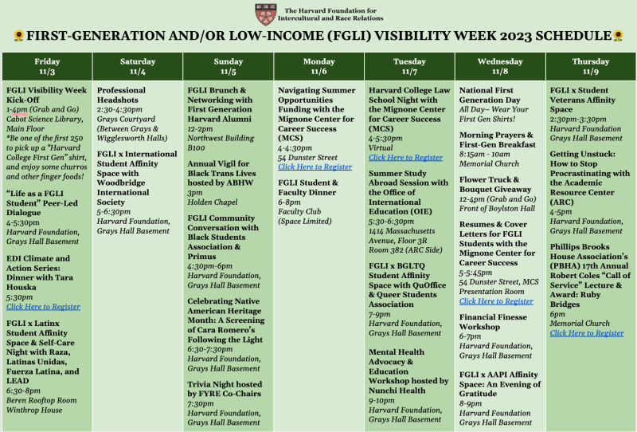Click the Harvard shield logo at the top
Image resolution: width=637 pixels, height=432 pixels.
pos(265,14)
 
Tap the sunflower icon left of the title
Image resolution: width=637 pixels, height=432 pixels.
pos(17,36)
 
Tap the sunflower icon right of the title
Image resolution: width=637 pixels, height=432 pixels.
pos(618,36)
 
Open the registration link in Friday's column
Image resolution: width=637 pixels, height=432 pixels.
pos(43,306)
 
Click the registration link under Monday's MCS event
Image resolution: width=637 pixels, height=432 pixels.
pos(315,167)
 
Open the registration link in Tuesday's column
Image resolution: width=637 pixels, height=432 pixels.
pos(405,158)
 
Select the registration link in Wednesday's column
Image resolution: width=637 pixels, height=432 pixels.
pos(496,301)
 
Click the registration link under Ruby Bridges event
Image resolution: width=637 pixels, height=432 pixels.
pos(587,333)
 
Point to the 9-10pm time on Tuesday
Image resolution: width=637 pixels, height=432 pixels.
pos(381,400)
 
